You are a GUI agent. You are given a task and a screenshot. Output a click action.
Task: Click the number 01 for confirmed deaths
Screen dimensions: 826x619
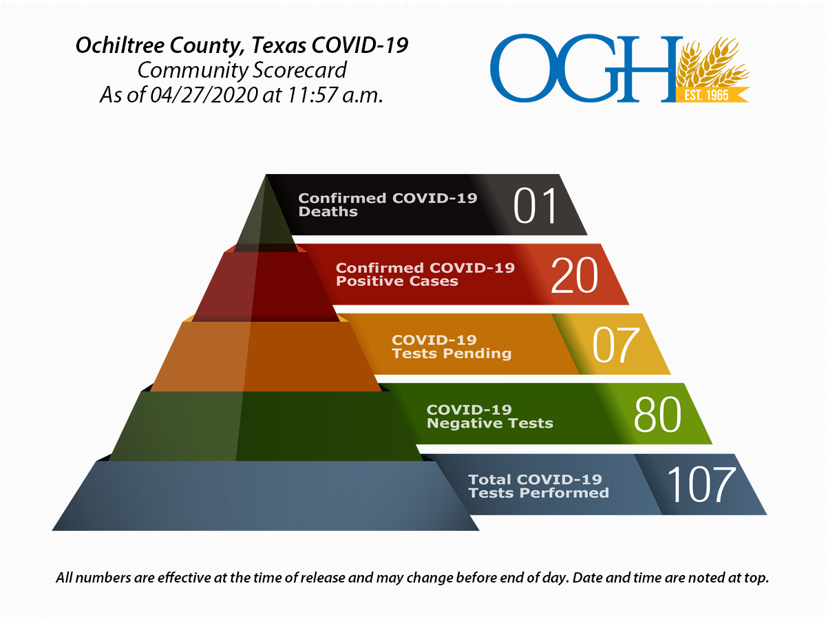click(x=535, y=206)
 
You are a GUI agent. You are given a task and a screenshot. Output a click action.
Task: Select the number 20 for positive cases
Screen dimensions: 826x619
click(x=574, y=275)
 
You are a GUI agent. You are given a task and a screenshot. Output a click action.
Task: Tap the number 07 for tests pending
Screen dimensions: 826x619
click(x=616, y=345)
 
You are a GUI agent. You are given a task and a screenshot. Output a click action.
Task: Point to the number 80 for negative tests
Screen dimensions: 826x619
click(x=657, y=415)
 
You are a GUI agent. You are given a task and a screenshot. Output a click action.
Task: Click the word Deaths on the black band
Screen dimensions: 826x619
click(x=328, y=212)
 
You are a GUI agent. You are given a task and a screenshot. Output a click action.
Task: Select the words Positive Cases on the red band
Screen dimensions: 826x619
click(x=397, y=281)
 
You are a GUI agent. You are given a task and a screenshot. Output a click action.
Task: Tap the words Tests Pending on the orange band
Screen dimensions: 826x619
click(x=452, y=354)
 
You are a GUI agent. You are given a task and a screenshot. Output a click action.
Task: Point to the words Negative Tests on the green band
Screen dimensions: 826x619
click(x=489, y=423)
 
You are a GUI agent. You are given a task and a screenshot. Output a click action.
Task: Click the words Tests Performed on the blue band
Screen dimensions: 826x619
click(x=538, y=492)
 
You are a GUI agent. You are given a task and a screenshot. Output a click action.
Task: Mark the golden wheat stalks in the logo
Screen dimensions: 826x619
click(x=712, y=62)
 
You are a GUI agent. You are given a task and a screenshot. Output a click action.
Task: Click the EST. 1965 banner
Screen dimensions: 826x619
click(x=712, y=95)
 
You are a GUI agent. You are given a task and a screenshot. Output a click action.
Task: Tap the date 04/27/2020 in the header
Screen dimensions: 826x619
click(x=204, y=95)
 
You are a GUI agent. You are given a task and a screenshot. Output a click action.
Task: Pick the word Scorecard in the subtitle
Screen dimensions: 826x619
click(x=299, y=70)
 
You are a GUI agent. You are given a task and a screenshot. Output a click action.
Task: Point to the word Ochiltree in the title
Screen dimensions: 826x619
click(x=120, y=45)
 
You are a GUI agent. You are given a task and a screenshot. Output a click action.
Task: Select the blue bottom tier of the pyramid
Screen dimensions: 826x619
click(x=265, y=496)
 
